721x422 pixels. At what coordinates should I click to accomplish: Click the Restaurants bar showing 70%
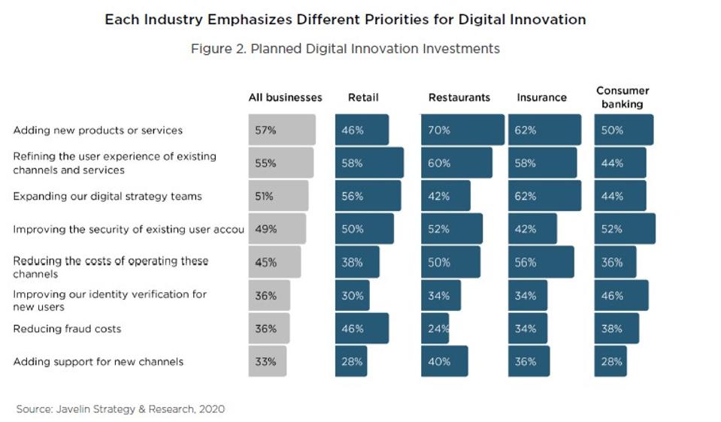coord(462,130)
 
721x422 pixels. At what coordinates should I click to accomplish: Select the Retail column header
coord(363,98)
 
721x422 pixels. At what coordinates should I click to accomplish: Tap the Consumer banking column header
coord(623,98)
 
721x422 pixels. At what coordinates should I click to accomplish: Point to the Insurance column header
coord(541,98)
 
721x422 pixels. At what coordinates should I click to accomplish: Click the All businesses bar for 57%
coord(282,130)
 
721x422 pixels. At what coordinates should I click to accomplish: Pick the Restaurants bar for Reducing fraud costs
coord(435,328)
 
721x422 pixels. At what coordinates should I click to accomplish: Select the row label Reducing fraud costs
coord(67,329)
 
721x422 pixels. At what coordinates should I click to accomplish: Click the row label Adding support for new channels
coord(98,362)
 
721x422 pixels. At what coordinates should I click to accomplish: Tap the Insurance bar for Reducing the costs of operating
coord(541,262)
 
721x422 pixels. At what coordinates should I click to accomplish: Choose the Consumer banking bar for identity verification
coord(621,295)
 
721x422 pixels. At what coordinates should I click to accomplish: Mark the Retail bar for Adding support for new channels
coord(351,361)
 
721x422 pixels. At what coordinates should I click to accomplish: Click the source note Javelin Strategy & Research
coord(120,409)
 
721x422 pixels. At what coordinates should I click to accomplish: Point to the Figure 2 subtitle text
coord(345,49)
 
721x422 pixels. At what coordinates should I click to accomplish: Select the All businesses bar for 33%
coord(268,361)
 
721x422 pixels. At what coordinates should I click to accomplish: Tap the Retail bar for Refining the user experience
coord(369,163)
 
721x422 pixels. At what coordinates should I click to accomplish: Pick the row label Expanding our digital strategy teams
coord(108,197)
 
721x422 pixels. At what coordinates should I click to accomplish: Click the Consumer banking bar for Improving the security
coord(625,229)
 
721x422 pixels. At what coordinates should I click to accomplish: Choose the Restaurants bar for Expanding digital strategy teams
coord(446,196)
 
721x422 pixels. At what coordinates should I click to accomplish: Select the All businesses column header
coord(286,98)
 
